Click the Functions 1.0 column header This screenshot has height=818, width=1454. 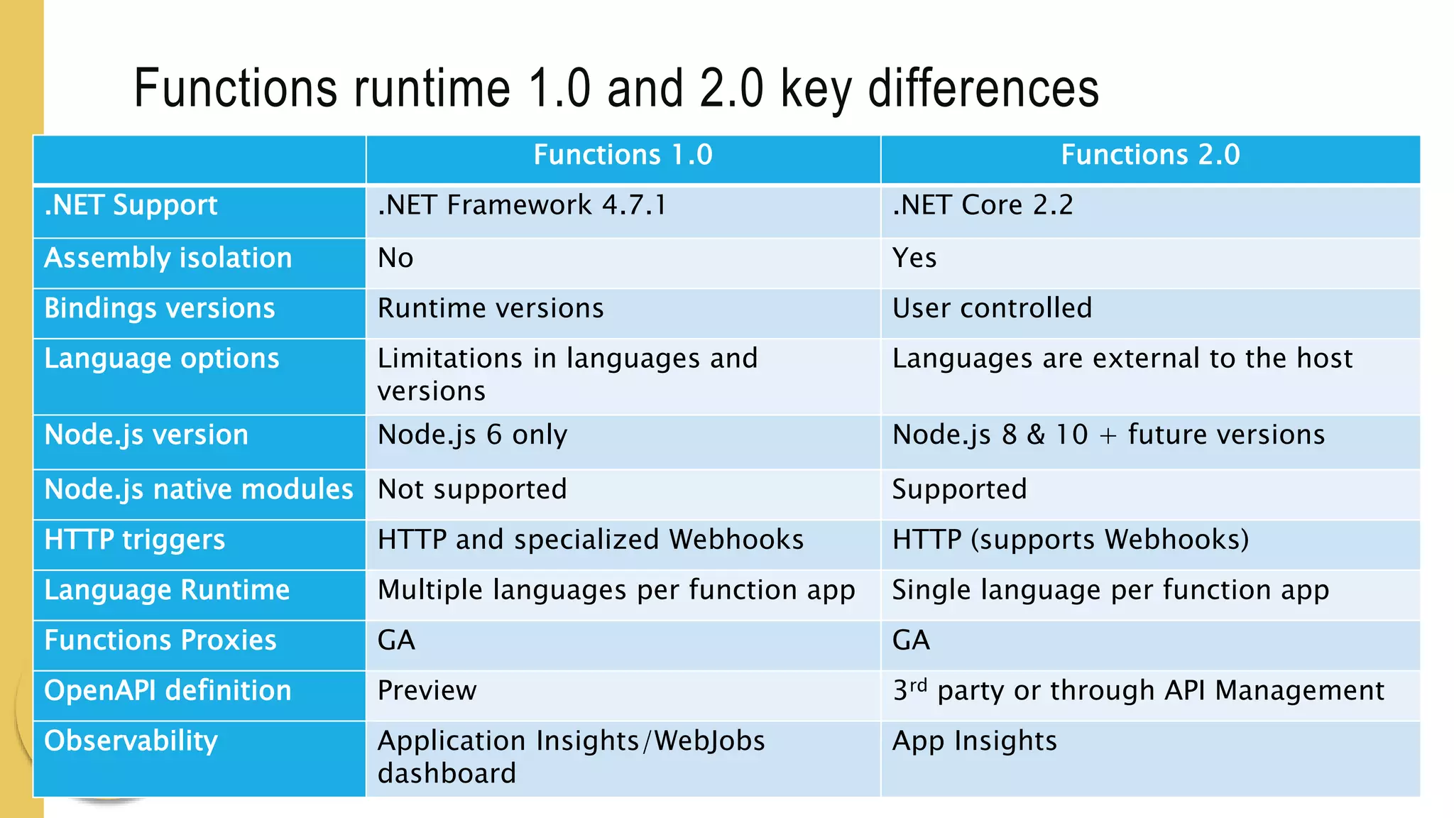(x=623, y=156)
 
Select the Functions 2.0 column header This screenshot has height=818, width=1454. (x=1150, y=156)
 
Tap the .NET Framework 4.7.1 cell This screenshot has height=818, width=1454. (x=522, y=206)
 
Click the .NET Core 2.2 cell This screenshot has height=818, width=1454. (x=983, y=206)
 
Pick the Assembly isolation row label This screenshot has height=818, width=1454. (x=168, y=258)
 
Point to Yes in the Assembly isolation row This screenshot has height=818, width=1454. (x=914, y=258)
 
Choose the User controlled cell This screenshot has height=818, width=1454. (x=992, y=309)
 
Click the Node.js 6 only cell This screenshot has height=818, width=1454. (x=472, y=435)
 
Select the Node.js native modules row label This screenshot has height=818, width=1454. (x=199, y=490)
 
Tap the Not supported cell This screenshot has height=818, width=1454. (x=472, y=490)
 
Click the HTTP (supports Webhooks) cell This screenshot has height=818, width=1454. (x=1071, y=540)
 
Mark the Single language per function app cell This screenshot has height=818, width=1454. (x=1110, y=591)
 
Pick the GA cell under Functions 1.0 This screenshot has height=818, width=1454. (x=396, y=641)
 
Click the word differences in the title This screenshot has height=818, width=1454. (x=983, y=89)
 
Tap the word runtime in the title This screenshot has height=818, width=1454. (x=432, y=89)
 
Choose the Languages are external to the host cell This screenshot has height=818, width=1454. (x=1122, y=359)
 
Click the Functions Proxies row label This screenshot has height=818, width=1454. (x=160, y=641)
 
